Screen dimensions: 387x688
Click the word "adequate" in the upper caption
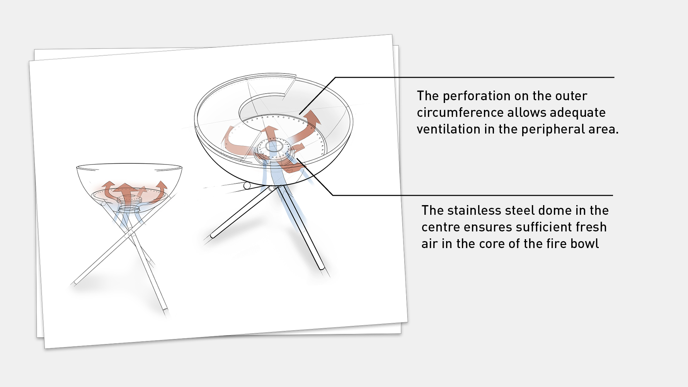coord(577,113)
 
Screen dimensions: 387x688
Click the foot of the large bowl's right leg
coord(321,267)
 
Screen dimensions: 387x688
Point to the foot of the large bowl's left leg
coord(213,235)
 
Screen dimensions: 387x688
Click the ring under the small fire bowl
coord(129,209)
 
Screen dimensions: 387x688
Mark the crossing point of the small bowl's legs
coord(130,234)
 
